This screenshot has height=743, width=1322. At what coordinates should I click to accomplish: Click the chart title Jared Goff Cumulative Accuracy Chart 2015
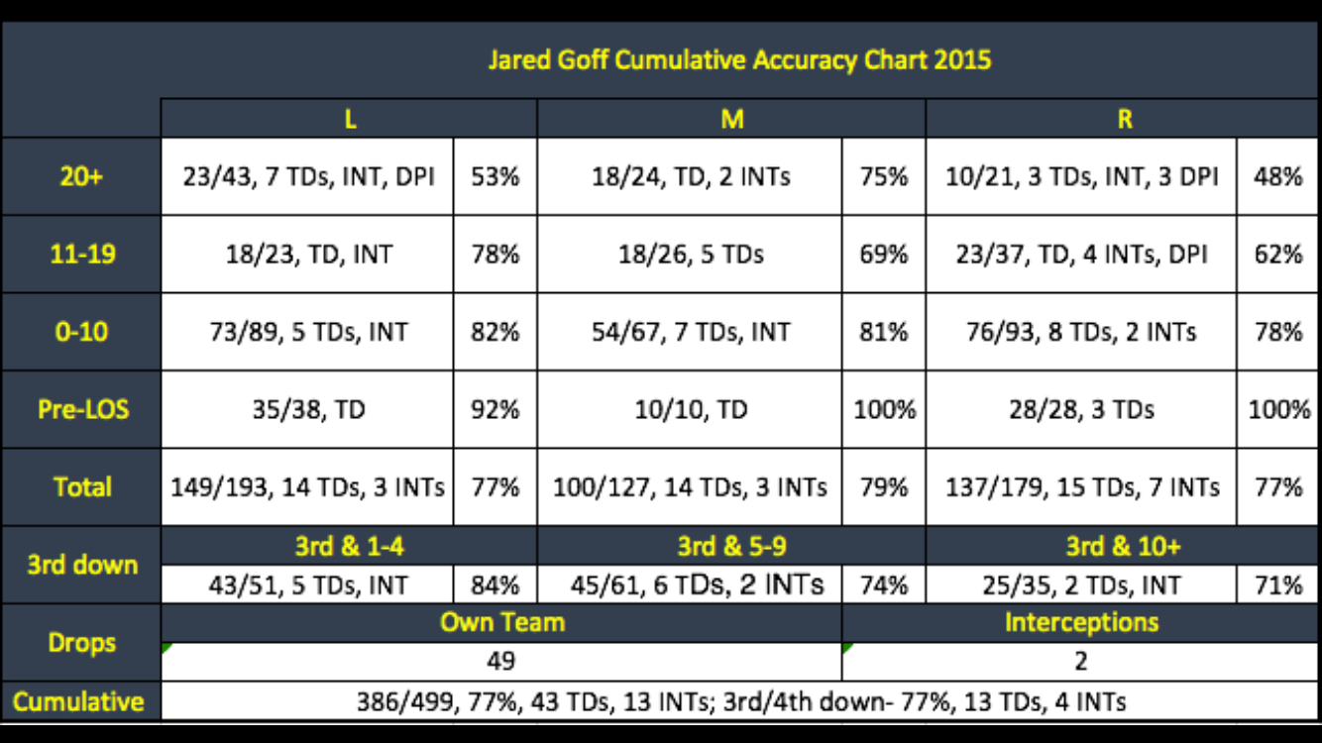click(x=739, y=59)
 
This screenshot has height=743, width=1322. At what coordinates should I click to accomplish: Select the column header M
click(x=731, y=119)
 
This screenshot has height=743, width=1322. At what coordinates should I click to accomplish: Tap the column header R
click(x=1124, y=119)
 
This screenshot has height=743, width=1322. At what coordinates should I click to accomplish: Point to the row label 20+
click(x=82, y=176)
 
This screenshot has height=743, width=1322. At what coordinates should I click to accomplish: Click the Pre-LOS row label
click(x=82, y=408)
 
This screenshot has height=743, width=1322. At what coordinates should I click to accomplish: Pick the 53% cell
click(x=495, y=176)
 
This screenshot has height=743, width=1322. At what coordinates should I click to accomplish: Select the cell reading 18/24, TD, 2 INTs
click(x=690, y=176)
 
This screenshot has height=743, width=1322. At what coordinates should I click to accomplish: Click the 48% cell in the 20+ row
click(x=1277, y=176)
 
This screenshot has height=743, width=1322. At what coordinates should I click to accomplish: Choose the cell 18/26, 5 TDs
click(x=690, y=254)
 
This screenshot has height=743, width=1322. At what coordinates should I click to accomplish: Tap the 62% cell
click(x=1277, y=254)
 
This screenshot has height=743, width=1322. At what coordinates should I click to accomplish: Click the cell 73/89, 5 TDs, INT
click(x=307, y=331)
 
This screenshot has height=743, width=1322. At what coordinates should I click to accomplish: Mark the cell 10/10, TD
click(x=690, y=408)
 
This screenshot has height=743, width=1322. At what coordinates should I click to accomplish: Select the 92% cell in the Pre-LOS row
click(x=495, y=408)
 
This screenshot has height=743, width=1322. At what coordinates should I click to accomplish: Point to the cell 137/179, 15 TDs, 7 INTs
click(x=1081, y=486)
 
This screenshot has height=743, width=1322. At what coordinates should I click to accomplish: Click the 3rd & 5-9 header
click(x=731, y=546)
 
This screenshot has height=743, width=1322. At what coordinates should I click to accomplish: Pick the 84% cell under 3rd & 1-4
click(x=495, y=584)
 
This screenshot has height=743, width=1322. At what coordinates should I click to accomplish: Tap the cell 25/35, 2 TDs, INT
click(x=1081, y=584)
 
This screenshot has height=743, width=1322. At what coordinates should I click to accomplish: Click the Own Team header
click(x=501, y=622)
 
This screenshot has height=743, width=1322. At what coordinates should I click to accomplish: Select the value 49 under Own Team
click(x=501, y=661)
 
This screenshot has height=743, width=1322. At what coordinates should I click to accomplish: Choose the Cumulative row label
click(x=79, y=701)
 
